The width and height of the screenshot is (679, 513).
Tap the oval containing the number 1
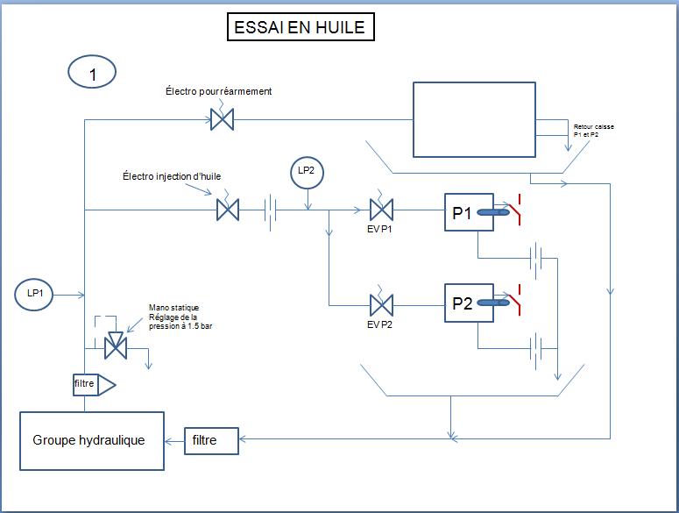92,75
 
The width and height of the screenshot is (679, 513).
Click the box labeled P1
463,212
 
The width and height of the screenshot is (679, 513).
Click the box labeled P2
463,304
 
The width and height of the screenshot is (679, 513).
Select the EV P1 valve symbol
382,210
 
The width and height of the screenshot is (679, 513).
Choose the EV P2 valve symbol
382,304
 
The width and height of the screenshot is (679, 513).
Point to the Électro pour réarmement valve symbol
222,119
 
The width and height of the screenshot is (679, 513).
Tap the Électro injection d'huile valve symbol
228,210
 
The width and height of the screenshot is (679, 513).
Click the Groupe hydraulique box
92,440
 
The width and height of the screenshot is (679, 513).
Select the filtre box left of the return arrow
211,440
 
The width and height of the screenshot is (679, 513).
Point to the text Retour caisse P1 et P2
593,131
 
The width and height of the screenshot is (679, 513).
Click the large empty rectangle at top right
474,119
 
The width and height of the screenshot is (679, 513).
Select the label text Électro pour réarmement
219,91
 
